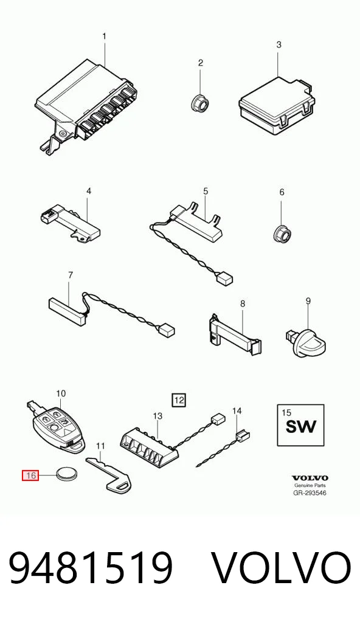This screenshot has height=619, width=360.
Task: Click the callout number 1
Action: point(104,36)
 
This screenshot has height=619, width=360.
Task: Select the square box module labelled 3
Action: point(277,105)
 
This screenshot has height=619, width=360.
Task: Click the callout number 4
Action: point(89,191)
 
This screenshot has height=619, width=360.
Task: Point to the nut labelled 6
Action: point(282,234)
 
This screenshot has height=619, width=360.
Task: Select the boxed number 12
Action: point(179,400)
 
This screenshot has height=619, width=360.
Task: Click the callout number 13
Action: point(157,416)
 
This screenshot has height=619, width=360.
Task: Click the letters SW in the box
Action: point(300,426)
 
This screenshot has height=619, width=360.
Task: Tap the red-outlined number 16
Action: point(31,475)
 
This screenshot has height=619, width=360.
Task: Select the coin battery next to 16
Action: point(66,473)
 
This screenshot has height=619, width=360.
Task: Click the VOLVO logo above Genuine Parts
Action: point(310,478)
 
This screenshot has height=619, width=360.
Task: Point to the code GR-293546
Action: point(310,493)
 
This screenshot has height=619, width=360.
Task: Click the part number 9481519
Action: point(91,569)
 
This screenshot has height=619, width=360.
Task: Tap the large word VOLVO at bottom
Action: point(282,569)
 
